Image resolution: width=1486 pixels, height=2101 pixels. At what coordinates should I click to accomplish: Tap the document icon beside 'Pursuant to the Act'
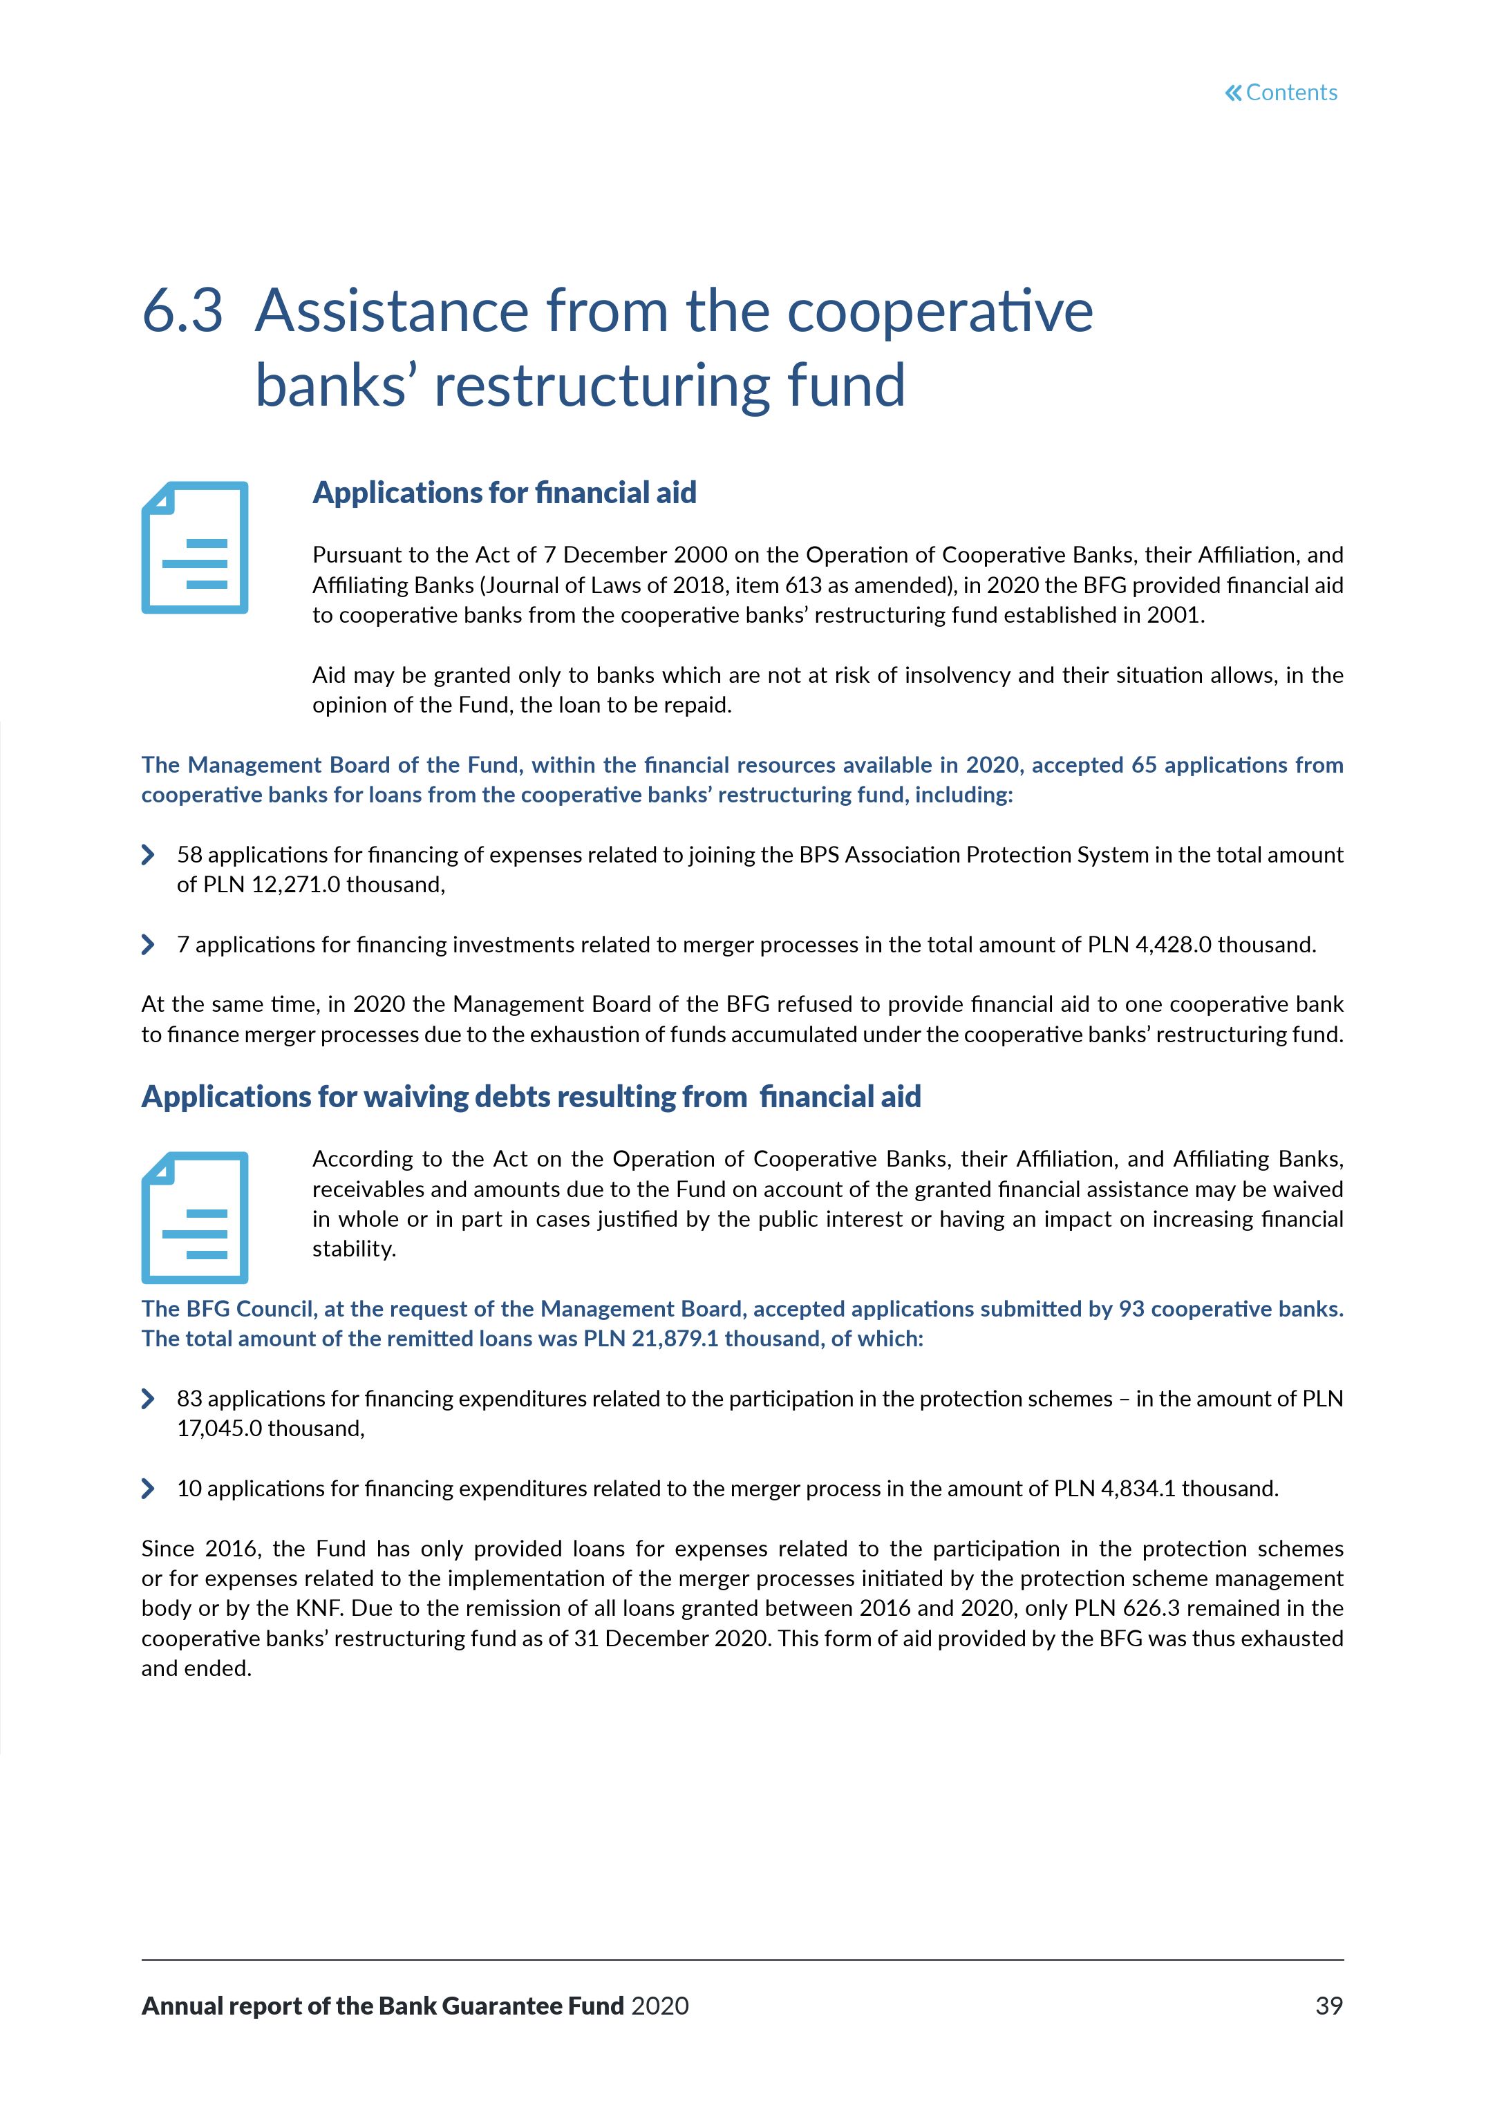pos(195,547)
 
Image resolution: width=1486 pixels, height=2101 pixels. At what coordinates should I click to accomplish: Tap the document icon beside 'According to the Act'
pos(195,1217)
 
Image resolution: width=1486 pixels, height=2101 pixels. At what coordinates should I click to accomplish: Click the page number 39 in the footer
pos(1328,2006)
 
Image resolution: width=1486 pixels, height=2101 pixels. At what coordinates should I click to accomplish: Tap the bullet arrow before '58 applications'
pos(148,855)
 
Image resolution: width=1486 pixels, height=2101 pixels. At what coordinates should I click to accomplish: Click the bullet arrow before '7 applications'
pos(148,944)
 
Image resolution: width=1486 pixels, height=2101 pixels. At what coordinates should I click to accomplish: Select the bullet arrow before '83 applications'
pos(148,1398)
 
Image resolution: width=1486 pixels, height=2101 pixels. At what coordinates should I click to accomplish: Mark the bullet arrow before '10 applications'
pos(148,1489)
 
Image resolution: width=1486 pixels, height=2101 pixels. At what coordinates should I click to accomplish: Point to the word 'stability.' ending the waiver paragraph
pos(354,1249)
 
